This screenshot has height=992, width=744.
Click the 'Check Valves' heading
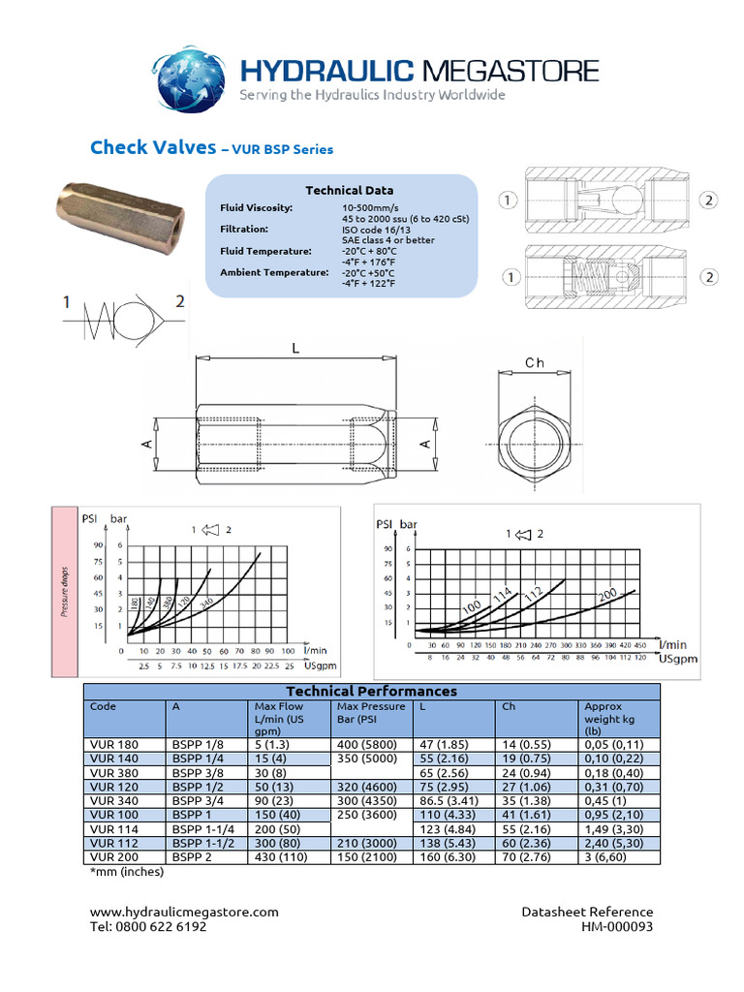tap(153, 147)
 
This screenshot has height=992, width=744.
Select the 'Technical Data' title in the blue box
tap(350, 191)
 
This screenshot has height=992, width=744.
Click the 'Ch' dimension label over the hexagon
tap(535, 362)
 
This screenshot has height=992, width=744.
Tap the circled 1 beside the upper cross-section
tap(507, 201)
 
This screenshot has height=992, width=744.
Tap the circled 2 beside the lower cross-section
tap(709, 277)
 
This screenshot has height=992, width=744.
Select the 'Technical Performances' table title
tap(371, 692)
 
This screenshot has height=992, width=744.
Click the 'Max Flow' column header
tap(278, 707)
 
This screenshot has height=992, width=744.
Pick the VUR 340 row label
tap(113, 801)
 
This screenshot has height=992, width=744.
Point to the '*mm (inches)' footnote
tap(126, 872)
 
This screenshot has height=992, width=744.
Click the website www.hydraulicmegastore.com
tap(184, 912)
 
